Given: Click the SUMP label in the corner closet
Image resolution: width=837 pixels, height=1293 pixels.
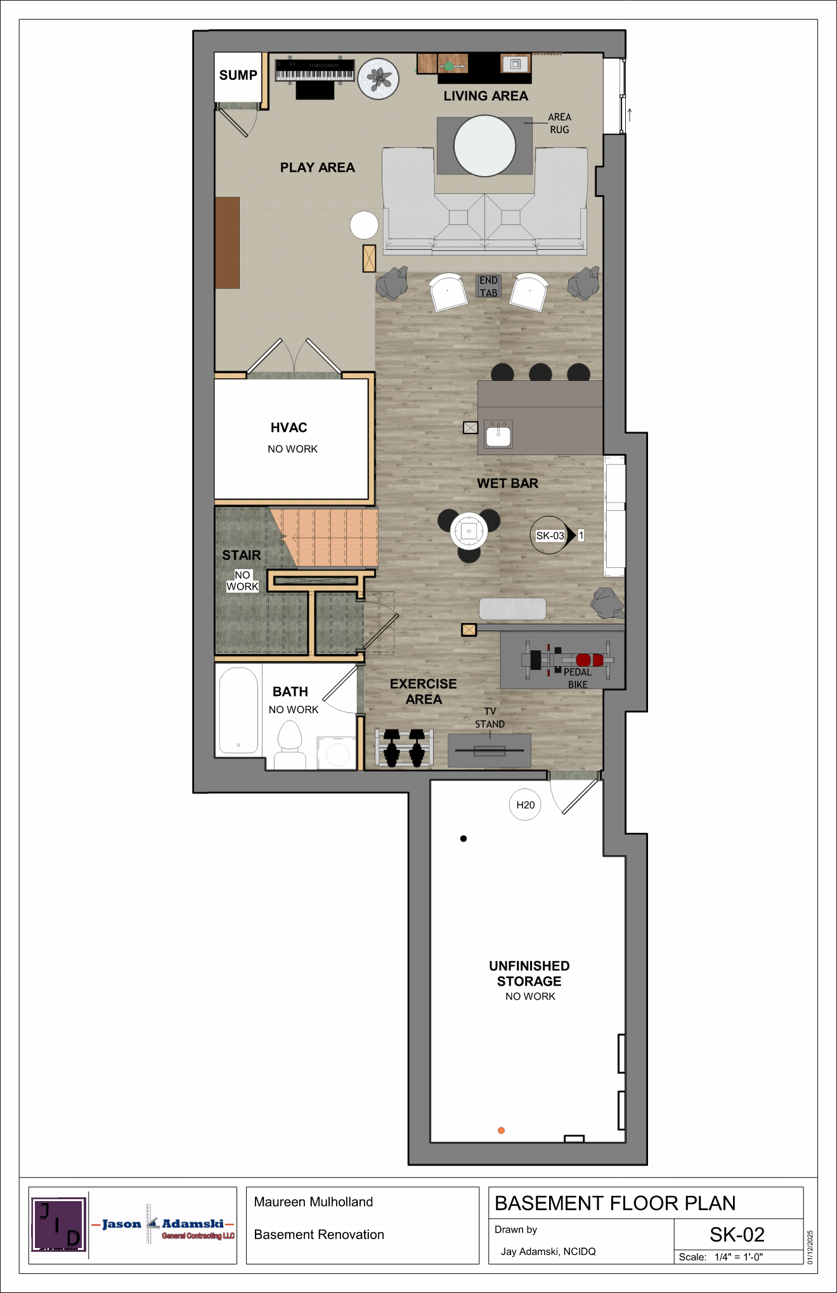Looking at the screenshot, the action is click(x=238, y=75).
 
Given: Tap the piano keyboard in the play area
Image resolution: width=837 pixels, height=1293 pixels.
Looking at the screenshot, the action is click(x=315, y=70).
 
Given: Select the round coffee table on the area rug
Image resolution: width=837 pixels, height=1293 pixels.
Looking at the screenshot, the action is click(x=484, y=146).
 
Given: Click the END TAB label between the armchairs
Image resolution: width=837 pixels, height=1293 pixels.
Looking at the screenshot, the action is click(x=488, y=286).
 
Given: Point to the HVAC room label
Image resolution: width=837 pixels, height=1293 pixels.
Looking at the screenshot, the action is click(x=289, y=428).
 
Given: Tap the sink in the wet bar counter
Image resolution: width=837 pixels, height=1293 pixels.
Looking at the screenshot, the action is click(x=498, y=435).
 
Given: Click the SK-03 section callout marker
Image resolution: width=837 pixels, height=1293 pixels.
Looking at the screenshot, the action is click(x=550, y=536).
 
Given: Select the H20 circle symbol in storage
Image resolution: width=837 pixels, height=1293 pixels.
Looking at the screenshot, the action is click(x=525, y=805).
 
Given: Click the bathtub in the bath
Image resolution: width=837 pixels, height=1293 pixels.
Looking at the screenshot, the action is click(x=238, y=710).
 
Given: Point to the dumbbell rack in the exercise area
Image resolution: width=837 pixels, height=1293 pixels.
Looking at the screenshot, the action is click(x=404, y=747).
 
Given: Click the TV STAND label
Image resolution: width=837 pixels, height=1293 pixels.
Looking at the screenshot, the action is click(x=490, y=717).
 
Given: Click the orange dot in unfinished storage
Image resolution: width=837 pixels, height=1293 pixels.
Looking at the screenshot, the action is click(x=501, y=1130).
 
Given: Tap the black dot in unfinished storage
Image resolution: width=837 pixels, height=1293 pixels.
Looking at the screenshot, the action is click(x=464, y=839).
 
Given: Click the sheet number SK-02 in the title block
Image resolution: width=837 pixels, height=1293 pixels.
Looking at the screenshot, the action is click(x=737, y=1235).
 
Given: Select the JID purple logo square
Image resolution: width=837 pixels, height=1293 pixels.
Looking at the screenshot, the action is click(x=58, y=1225).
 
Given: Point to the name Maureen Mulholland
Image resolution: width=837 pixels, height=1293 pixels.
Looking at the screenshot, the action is click(x=313, y=1202).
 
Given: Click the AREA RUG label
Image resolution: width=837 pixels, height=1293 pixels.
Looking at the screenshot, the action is click(x=559, y=123).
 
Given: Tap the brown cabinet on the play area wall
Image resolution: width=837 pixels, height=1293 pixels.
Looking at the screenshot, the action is click(x=227, y=243).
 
